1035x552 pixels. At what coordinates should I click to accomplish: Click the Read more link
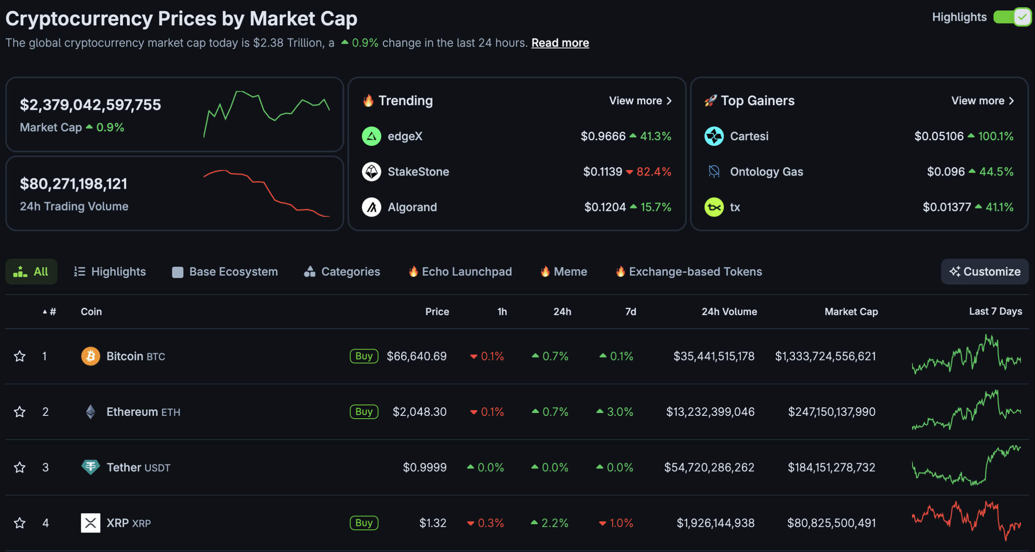[560, 43]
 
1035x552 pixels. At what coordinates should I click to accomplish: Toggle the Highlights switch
[1012, 17]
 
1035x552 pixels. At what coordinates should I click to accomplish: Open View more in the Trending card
[640, 101]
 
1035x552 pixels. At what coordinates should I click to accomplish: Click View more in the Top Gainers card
[982, 101]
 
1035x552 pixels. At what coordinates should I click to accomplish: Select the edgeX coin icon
[371, 136]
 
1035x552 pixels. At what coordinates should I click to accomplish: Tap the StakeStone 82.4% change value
[653, 172]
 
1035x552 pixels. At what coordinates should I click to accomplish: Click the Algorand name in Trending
[412, 207]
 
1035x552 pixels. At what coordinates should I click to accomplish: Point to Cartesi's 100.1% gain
[995, 136]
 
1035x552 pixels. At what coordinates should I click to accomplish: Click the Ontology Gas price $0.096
[946, 172]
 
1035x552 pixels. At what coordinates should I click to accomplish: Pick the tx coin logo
[714, 207]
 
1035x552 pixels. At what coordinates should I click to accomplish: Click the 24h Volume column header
[729, 312]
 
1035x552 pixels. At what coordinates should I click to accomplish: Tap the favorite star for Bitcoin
[20, 356]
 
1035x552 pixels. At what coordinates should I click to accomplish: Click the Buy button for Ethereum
[364, 412]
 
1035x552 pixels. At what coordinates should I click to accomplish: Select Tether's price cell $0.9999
[425, 468]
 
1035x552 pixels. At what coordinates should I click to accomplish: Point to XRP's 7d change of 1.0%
[621, 523]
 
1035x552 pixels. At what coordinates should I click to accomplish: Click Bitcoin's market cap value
[825, 356]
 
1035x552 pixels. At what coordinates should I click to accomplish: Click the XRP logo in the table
[91, 523]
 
